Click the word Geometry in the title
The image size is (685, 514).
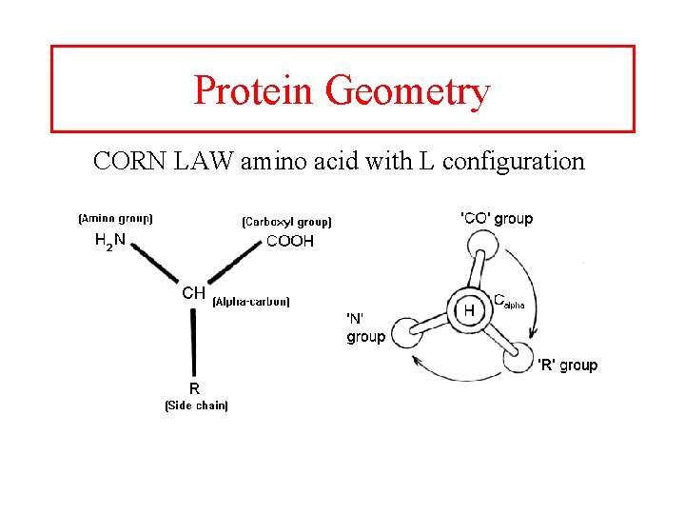(407, 92)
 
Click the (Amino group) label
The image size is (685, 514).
(115, 218)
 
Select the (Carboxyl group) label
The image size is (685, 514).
(287, 222)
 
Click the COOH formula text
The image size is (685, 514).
(289, 242)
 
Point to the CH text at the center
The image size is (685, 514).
(193, 293)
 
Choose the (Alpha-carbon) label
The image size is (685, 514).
(252, 302)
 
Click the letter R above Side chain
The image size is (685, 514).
(194, 388)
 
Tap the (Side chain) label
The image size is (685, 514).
(196, 405)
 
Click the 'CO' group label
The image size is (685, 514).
(497, 219)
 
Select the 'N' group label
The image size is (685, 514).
(365, 327)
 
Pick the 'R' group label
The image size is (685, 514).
(568, 365)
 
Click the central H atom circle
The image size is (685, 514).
(469, 309)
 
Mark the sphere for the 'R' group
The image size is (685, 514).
(518, 356)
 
